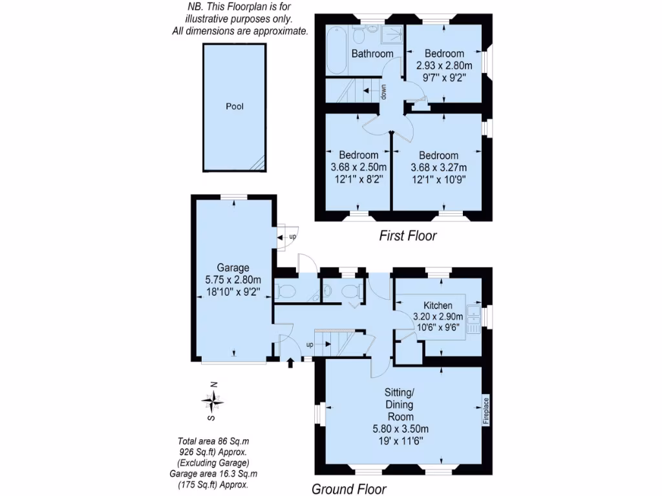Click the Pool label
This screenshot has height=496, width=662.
tap(235, 107)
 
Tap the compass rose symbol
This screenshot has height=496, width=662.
tap(213, 402)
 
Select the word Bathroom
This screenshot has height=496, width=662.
tap(372, 54)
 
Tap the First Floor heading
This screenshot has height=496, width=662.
tap(407, 236)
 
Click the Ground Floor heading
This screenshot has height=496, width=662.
tap(349, 489)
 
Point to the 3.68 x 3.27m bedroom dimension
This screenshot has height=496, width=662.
tap(438, 167)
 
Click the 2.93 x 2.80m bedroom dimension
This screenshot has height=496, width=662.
tap(444, 65)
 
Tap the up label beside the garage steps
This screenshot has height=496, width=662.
tap(292, 237)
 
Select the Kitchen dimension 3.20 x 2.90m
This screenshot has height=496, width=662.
tap(438, 316)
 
